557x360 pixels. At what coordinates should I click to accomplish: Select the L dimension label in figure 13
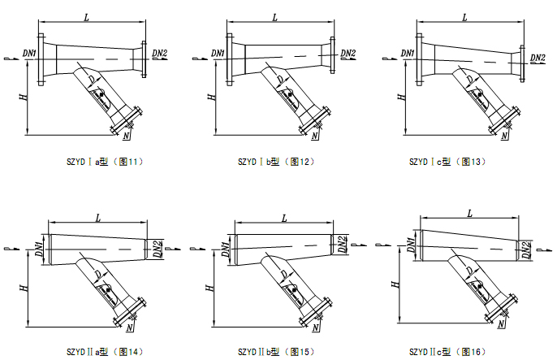click(x=464, y=16)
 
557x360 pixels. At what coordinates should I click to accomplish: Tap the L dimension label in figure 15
click(x=284, y=218)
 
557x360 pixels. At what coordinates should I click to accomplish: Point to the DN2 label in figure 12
click(x=348, y=54)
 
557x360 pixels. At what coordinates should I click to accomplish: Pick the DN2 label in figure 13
click(x=538, y=58)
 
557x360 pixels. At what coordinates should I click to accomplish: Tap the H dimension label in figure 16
click(x=395, y=284)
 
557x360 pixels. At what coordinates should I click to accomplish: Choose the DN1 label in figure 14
click(x=39, y=245)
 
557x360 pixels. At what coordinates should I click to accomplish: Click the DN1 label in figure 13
click(x=407, y=54)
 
